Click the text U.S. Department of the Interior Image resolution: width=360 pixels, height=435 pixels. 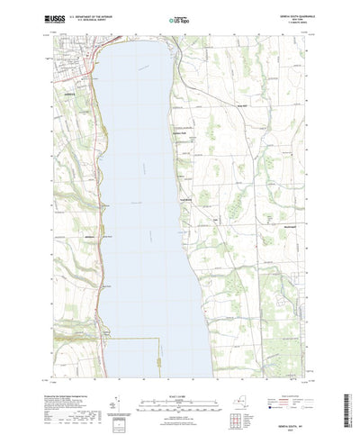[88, 17]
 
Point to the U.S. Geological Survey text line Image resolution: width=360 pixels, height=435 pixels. [86, 21]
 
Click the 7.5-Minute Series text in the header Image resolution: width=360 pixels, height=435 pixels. [296, 23]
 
